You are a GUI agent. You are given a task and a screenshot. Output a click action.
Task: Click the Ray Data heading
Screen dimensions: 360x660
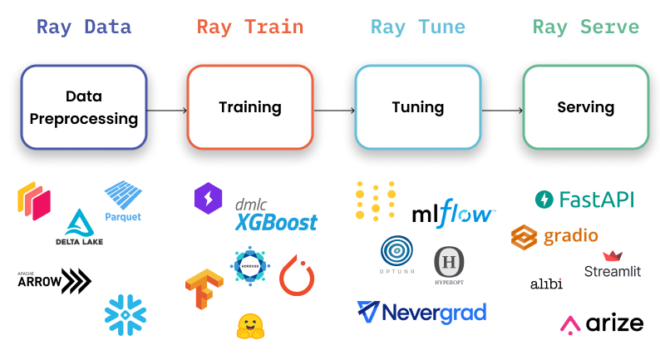83,27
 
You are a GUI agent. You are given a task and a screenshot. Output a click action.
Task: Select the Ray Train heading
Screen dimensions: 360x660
250,27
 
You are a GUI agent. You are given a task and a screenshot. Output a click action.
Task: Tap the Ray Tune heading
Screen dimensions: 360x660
417,27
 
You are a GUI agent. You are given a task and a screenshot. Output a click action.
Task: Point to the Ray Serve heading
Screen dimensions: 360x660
585,27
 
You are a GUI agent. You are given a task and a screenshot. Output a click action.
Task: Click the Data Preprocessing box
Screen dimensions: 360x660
84,107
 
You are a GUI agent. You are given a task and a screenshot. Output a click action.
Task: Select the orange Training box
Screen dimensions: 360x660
250,107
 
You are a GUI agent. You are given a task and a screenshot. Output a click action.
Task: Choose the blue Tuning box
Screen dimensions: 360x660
417,107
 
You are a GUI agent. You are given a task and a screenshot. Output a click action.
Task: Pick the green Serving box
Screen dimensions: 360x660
585,107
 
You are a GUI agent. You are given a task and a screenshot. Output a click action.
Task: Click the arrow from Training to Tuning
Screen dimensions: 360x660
333,110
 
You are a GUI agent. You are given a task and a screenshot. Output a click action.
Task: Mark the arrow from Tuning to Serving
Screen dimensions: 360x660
501,110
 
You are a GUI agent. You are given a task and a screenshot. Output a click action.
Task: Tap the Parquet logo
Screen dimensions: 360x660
124,202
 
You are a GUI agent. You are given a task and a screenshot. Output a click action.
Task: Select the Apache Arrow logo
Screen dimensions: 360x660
54,281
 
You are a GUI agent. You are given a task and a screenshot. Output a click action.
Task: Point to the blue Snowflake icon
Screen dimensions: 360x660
126,314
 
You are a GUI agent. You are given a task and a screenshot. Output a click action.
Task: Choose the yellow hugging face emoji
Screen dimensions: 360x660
250,326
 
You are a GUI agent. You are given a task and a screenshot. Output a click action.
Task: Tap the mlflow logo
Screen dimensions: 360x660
454,214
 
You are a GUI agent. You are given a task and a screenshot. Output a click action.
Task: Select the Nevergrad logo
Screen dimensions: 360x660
421,313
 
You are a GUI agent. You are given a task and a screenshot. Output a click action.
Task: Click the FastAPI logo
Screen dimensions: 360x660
584,200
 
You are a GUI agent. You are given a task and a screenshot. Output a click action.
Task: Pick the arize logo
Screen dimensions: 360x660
602,324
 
